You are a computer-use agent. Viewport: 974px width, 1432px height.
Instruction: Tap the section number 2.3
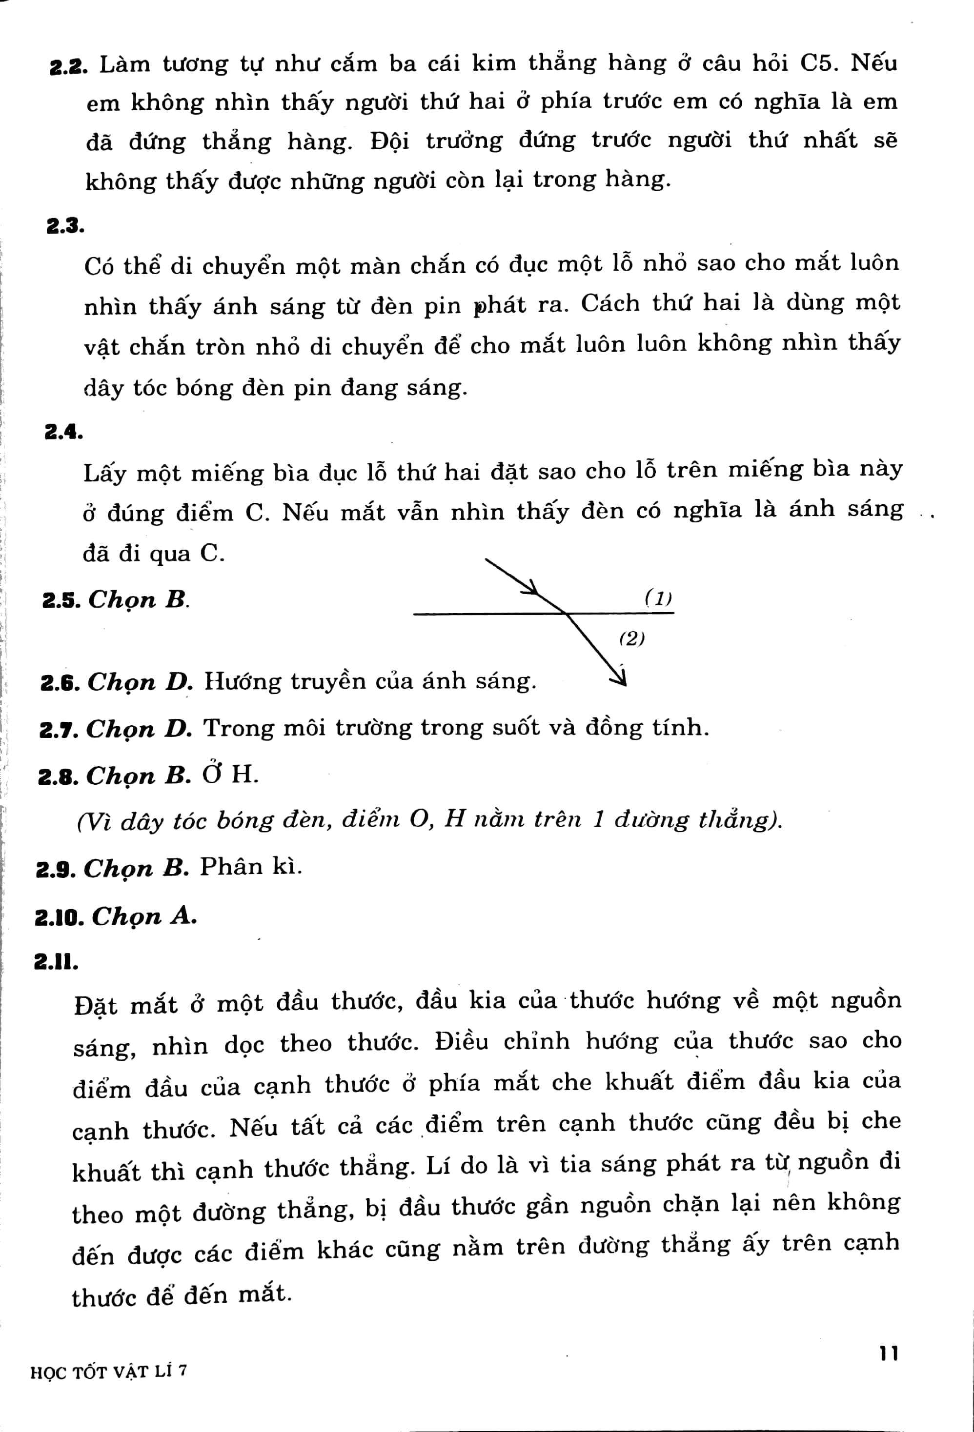[x=65, y=227]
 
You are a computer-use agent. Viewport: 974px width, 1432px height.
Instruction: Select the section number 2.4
[x=63, y=432]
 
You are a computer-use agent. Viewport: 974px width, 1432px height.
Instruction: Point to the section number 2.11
[x=56, y=962]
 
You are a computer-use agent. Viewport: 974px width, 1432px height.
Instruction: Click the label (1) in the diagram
[x=658, y=597]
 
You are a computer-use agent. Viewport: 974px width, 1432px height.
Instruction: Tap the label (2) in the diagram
[x=632, y=638]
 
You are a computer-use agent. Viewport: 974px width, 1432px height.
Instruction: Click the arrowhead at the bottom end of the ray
[x=619, y=678]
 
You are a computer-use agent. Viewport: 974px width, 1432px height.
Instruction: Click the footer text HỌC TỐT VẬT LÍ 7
[x=108, y=1372]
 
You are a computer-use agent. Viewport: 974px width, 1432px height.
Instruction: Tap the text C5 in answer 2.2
[x=819, y=63]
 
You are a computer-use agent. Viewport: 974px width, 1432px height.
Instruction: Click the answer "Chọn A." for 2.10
[x=144, y=916]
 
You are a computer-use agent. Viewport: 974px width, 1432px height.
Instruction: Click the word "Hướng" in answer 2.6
[x=242, y=681]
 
